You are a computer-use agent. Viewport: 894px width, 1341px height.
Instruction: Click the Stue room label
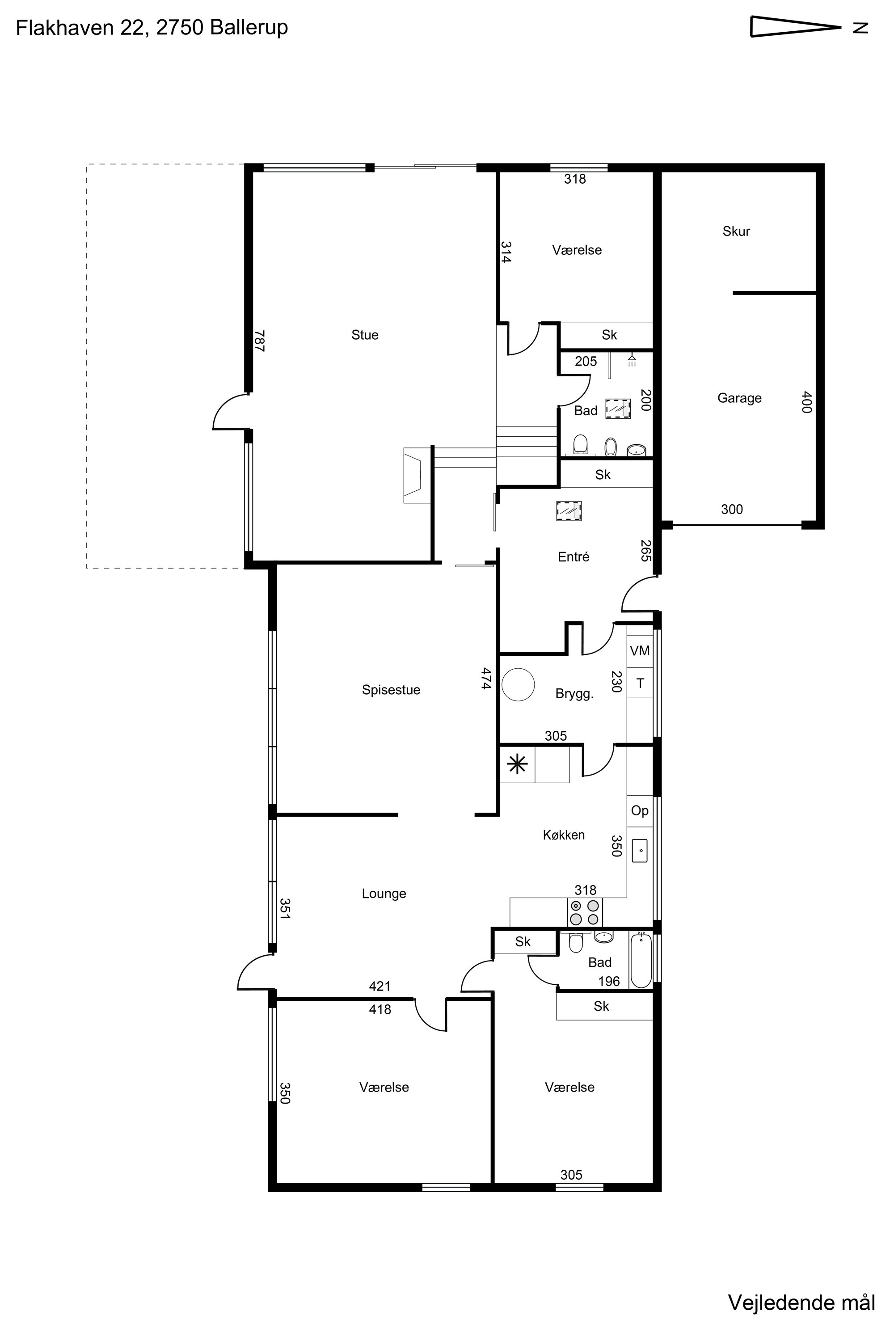365,335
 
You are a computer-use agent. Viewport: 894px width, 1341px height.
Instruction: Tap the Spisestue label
391,690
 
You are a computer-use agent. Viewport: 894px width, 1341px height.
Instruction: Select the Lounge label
384,894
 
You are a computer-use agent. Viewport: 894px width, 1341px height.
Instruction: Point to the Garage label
739,398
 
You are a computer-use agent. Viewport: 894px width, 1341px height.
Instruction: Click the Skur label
736,231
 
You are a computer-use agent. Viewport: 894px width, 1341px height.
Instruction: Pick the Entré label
574,557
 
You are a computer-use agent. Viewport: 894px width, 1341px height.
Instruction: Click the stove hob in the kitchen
584,912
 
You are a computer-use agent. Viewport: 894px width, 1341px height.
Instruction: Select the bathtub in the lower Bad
641,960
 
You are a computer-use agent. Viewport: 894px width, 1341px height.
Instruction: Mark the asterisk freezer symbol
517,764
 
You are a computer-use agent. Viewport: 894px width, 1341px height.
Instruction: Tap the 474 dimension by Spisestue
486,679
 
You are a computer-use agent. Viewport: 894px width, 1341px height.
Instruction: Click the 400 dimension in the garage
806,402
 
